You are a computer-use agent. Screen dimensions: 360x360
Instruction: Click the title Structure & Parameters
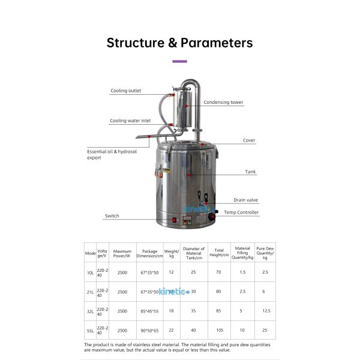pyautogui.click(x=179, y=43)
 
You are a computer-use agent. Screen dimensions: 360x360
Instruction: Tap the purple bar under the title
pyautogui.click(x=179, y=61)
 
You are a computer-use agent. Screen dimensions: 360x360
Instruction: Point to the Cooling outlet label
pyautogui.click(x=125, y=91)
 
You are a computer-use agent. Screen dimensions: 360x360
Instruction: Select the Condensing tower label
pyautogui.click(x=223, y=103)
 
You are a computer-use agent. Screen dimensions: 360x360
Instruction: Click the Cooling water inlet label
pyautogui.click(x=130, y=121)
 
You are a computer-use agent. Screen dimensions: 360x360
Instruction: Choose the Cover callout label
pyautogui.click(x=249, y=140)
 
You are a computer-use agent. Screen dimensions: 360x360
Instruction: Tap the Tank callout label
pyautogui.click(x=250, y=172)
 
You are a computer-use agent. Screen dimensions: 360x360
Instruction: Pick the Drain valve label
pyautogui.click(x=245, y=200)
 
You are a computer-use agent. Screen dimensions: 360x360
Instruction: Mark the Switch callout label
pyautogui.click(x=112, y=215)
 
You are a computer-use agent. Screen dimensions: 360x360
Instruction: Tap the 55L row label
pyautogui.click(x=90, y=330)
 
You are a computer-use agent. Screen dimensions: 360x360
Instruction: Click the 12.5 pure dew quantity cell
pyautogui.click(x=266, y=311)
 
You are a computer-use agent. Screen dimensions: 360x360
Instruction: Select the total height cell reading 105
pyautogui.click(x=220, y=330)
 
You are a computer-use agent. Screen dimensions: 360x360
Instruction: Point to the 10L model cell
pyautogui.click(x=90, y=272)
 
